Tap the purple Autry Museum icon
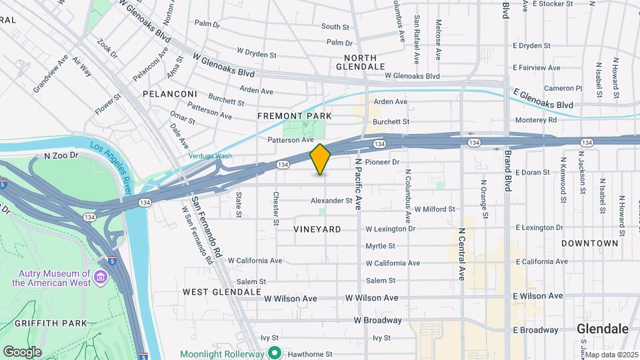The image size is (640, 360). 101,277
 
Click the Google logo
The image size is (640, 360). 21,351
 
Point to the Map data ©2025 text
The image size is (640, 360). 611,355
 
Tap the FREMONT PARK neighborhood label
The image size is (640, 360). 295,116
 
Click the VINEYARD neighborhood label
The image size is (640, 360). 317,229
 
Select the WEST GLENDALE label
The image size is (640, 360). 221,292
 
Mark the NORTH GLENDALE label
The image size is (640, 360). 360,62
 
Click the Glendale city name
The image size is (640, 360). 603,329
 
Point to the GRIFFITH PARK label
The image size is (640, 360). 44,323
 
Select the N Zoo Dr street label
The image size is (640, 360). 61,155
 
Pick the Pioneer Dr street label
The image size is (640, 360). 382,162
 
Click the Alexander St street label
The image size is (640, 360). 331,200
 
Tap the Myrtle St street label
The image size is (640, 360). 381,246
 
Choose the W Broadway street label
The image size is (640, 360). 378,320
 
